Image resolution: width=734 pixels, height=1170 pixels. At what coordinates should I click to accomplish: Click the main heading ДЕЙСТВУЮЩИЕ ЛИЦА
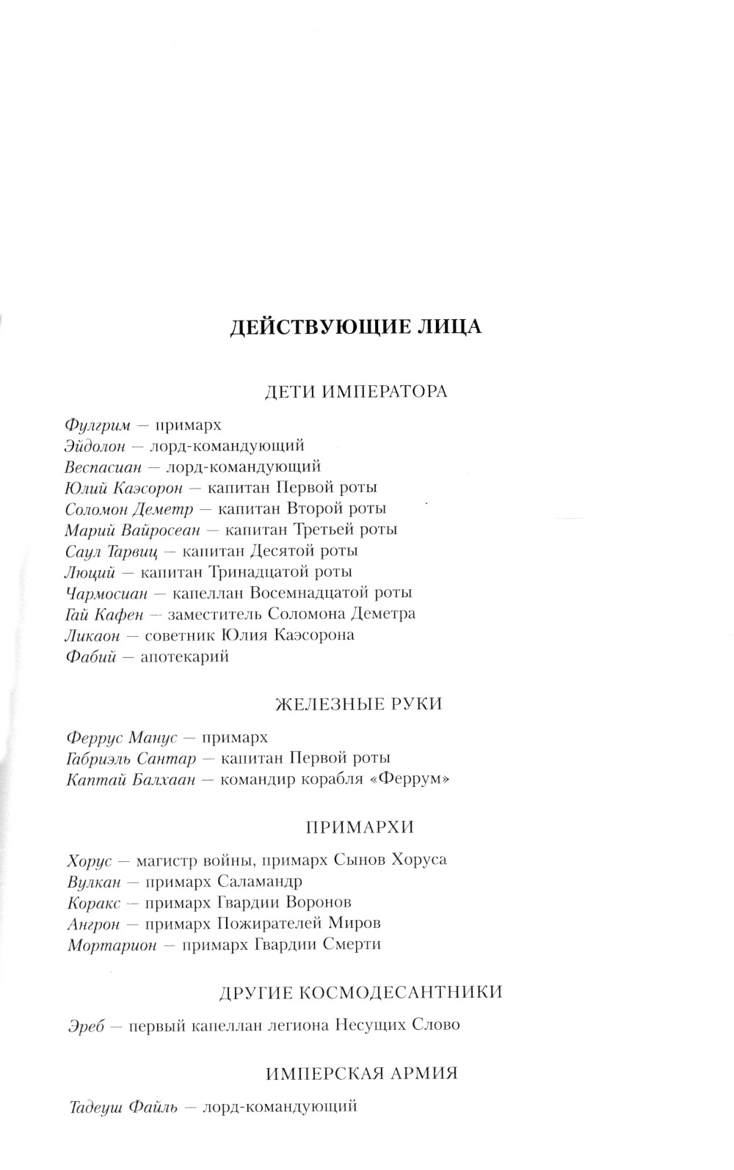point(356,326)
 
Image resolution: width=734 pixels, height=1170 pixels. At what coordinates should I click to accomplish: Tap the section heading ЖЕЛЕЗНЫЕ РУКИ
point(359,704)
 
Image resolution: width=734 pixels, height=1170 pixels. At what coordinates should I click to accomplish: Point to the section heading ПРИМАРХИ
point(360,827)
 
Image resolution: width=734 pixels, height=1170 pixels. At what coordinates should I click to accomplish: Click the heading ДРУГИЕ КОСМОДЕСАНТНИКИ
point(361,992)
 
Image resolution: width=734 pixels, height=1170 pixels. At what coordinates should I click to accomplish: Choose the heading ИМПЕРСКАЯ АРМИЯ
point(362,1074)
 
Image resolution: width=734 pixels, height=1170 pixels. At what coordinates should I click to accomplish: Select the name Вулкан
point(92,881)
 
